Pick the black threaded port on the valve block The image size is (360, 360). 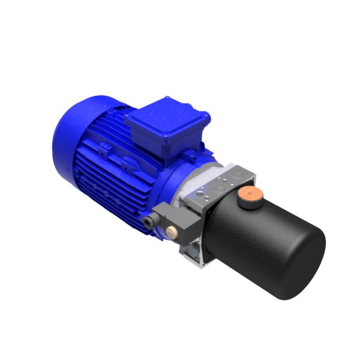pos(148,223)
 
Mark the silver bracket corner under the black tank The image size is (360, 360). pos(195,259)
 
